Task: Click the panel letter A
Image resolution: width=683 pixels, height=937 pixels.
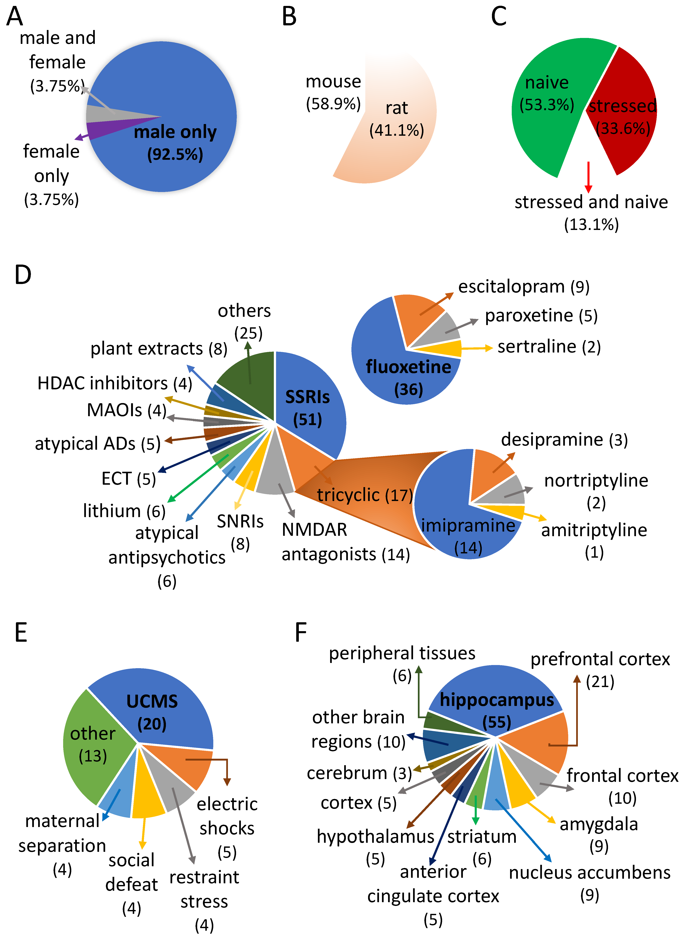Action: click(15, 16)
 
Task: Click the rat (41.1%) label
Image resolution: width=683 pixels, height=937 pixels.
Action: click(396, 119)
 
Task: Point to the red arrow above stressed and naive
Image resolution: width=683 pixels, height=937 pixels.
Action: click(588, 177)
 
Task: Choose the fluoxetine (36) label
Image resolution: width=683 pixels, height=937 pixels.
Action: click(408, 378)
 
